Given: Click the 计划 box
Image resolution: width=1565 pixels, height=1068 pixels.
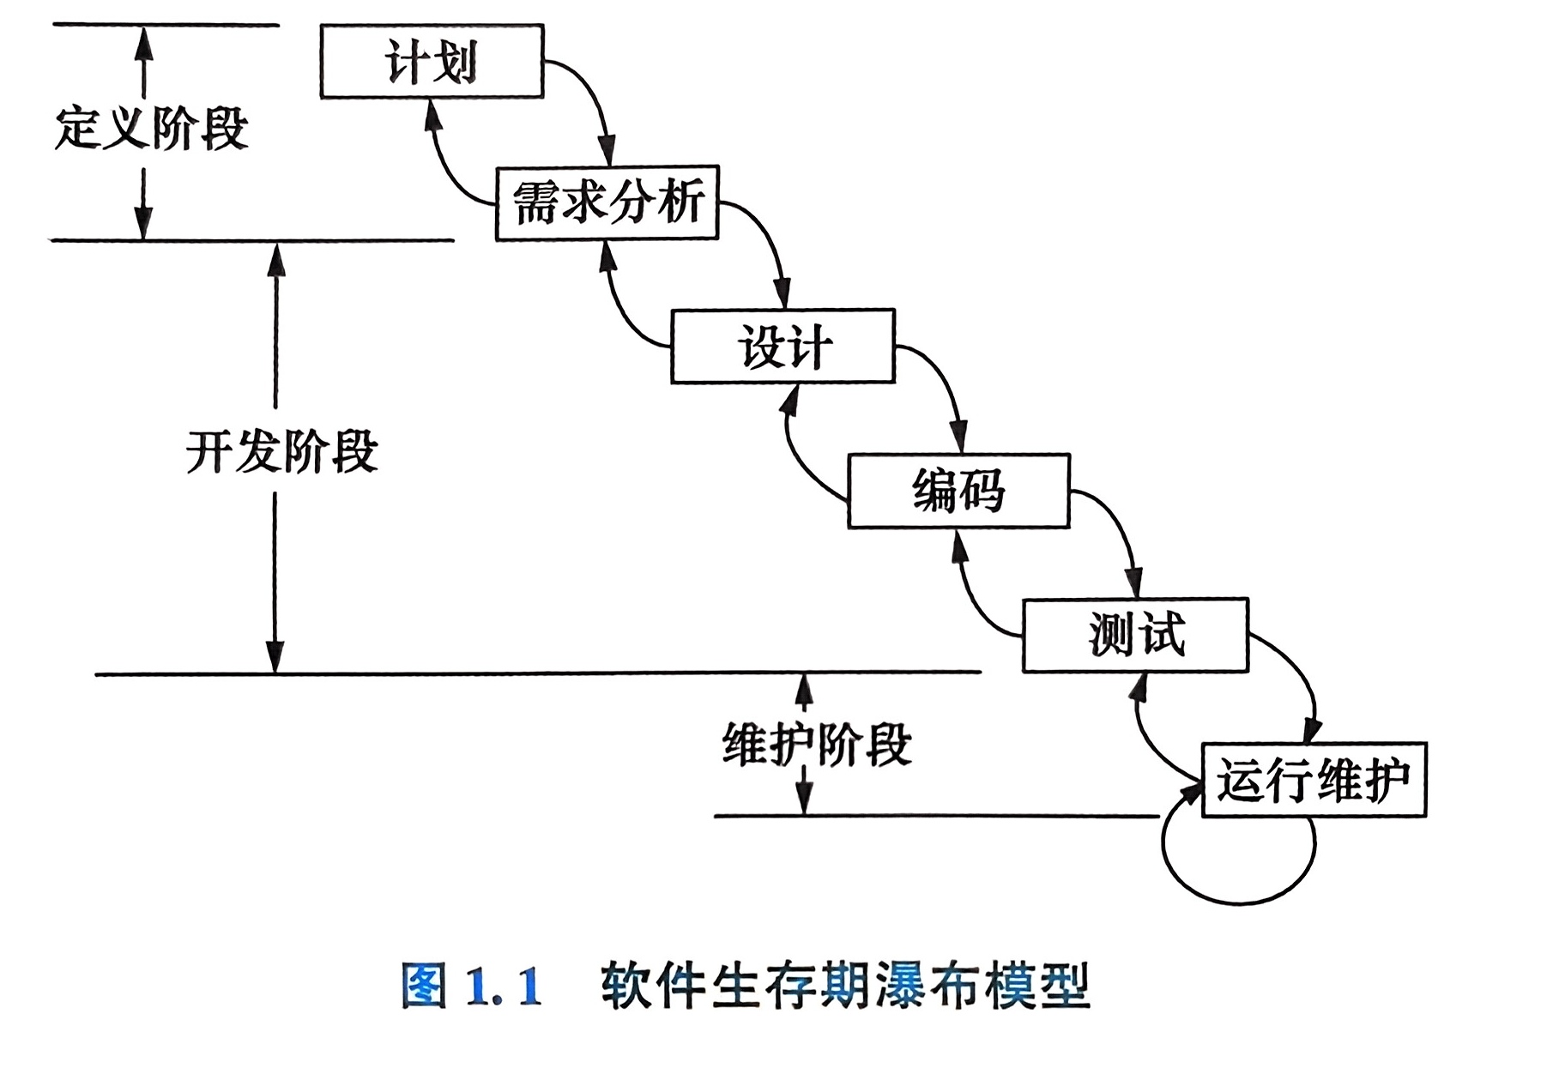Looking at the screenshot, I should point(432,62).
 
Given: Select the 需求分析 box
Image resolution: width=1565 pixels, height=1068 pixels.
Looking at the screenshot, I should point(607,202).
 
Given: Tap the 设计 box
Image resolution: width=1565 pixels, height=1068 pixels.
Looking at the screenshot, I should point(782,347).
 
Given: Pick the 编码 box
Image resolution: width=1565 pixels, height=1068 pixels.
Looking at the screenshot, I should point(958,491).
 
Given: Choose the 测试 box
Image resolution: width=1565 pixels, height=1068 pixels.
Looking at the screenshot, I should point(1135,635).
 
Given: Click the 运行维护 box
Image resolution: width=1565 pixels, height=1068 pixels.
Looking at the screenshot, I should point(1313,780).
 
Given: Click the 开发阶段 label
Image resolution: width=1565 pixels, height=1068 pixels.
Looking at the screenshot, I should point(281,451).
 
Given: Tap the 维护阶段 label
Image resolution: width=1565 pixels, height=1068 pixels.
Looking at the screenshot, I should point(817,745).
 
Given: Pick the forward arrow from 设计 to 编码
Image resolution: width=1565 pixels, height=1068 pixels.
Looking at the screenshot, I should point(944,383).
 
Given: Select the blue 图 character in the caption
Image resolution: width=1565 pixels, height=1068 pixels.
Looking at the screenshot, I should point(424,986).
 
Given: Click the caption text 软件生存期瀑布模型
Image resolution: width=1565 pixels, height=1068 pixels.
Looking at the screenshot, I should point(844,986).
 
